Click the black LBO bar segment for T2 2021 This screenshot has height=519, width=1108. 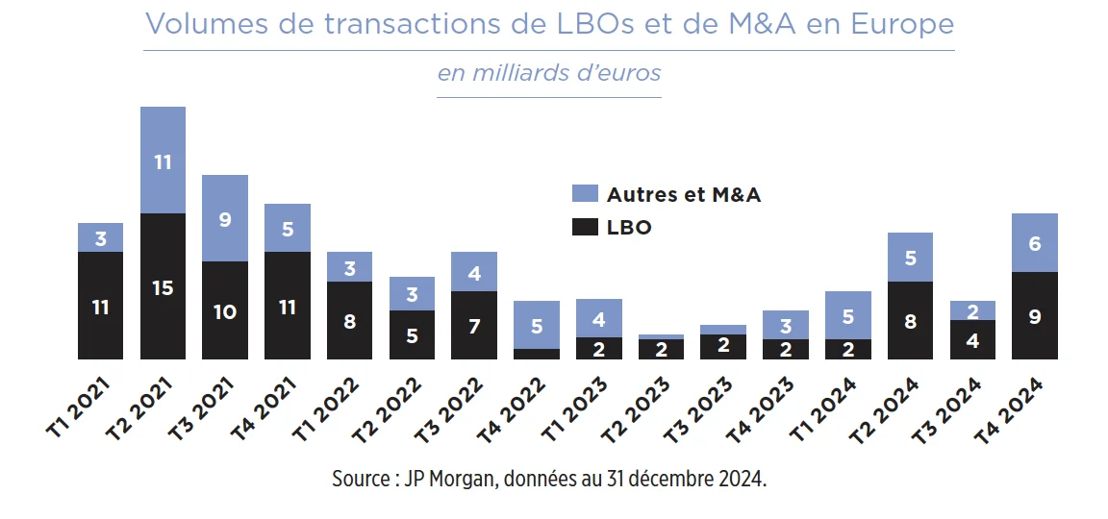pos(163,286)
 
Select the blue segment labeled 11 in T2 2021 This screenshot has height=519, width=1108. pos(163,161)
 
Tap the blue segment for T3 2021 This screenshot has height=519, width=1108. pos(225,218)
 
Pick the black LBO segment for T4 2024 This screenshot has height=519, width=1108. pos(1034,315)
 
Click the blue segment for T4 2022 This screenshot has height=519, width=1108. pos(537,325)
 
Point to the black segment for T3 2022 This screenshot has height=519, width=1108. pos(474,325)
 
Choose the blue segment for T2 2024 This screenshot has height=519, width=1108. pos(910,257)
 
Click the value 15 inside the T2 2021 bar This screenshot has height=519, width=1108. pos(163,287)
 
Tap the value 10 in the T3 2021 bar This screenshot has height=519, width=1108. pos(225,312)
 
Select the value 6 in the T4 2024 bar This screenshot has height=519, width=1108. pos(1035,244)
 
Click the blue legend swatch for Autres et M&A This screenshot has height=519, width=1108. pos(584,194)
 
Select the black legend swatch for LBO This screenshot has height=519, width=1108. pos(584,228)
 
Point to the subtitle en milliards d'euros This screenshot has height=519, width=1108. pos(549,73)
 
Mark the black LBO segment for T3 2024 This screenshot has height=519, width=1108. pos(972,339)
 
